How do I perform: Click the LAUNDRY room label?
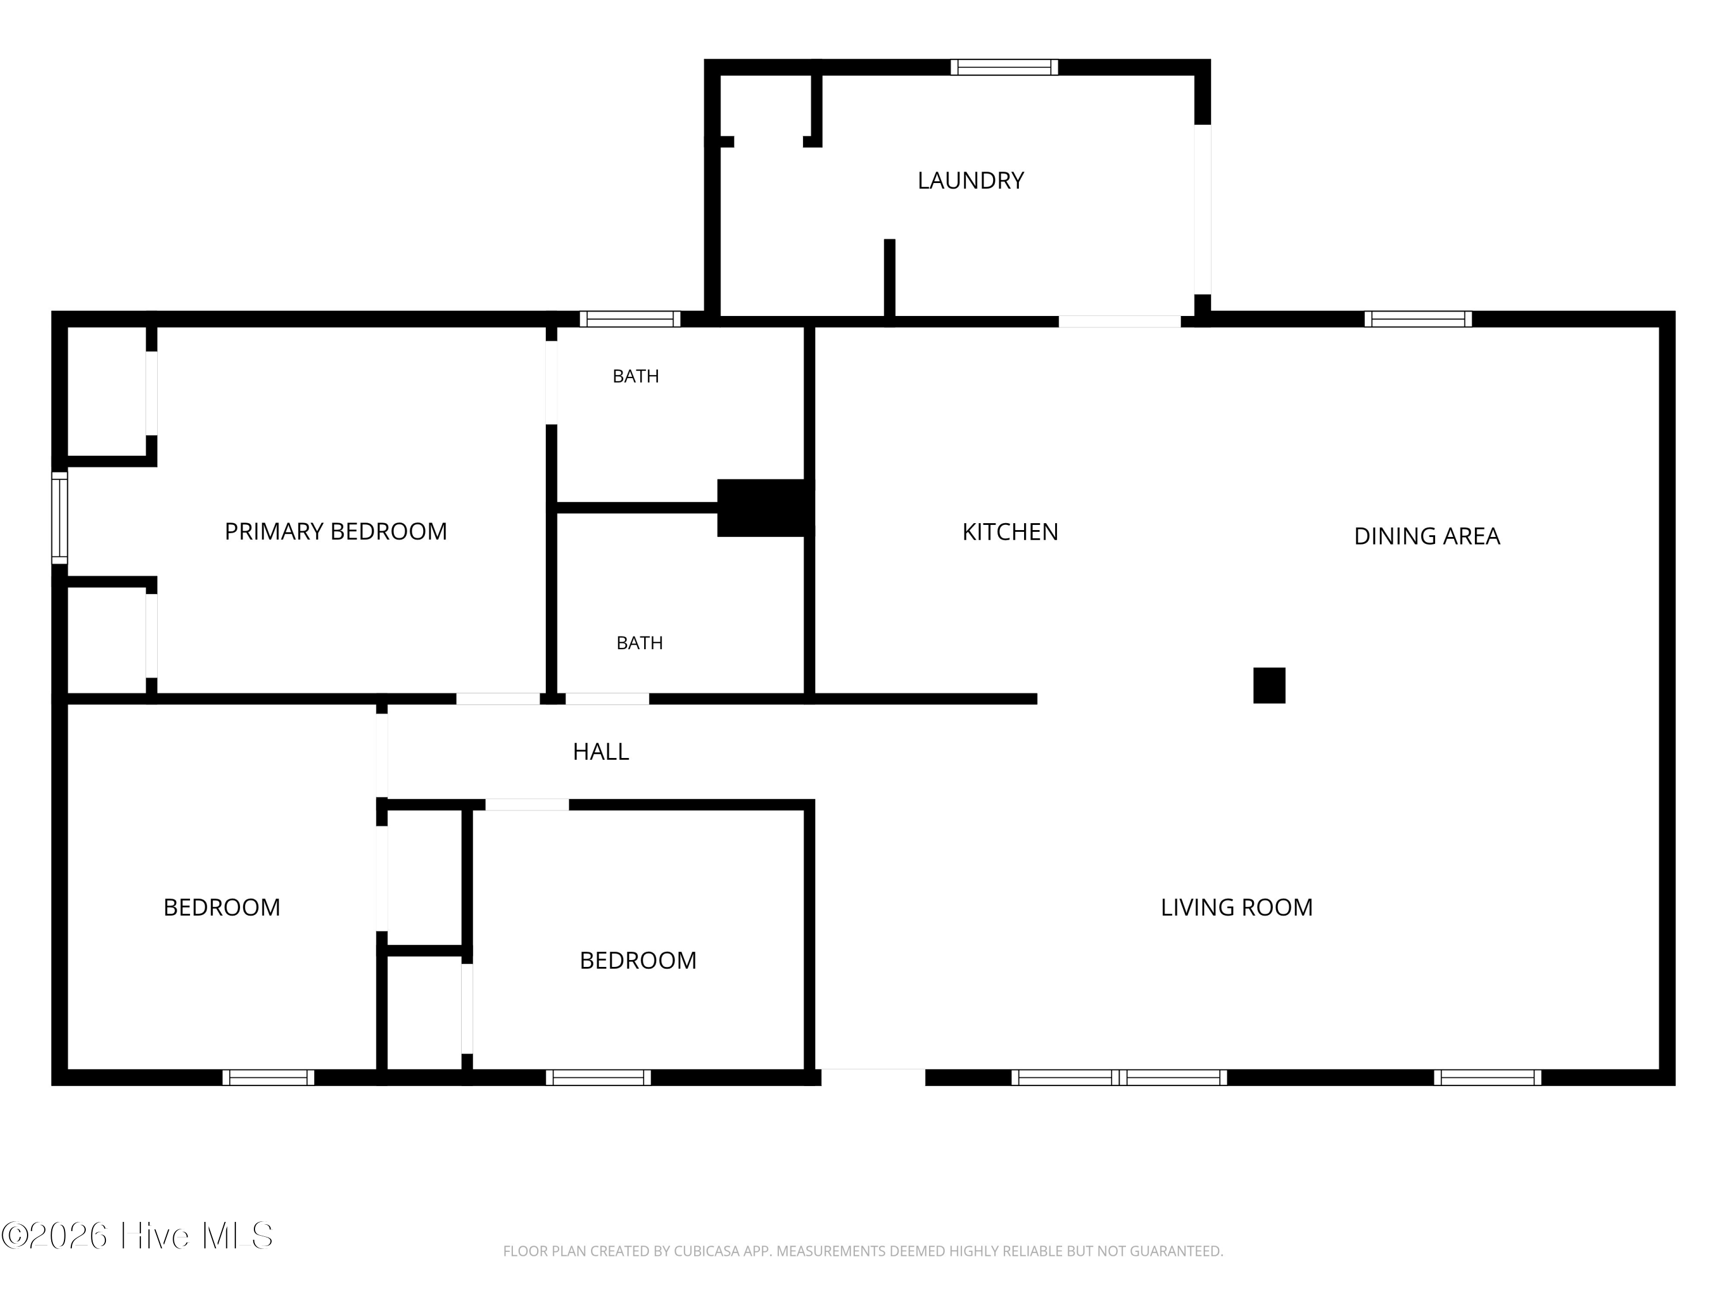(x=971, y=180)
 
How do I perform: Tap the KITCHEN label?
(x=1010, y=532)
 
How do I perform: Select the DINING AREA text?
(x=1427, y=536)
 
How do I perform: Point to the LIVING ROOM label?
(x=1237, y=907)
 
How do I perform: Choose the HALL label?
(x=601, y=752)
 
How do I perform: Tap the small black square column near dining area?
(x=1269, y=685)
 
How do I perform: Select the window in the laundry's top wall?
(x=1004, y=67)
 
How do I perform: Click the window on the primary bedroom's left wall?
(x=60, y=517)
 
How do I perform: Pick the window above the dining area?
(x=1418, y=318)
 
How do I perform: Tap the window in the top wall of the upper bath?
(x=630, y=318)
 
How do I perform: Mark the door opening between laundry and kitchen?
(x=1120, y=321)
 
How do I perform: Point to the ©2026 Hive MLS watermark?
(x=138, y=1236)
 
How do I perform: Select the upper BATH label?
(x=636, y=376)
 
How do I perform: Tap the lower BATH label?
(x=640, y=643)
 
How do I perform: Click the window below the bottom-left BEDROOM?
(x=269, y=1077)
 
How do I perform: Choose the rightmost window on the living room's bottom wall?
(x=1488, y=1077)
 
